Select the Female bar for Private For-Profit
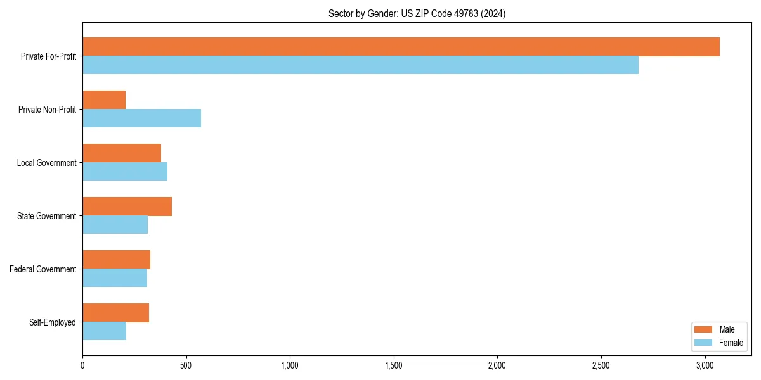(x=360, y=65)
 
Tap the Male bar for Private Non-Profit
(x=104, y=100)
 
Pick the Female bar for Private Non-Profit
(x=141, y=118)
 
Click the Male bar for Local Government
(x=122, y=153)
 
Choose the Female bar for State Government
(x=115, y=225)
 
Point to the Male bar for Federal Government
(x=116, y=260)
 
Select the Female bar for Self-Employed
(x=104, y=331)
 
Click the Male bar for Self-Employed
(x=115, y=313)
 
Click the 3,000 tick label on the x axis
(x=705, y=365)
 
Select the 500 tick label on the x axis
(x=186, y=365)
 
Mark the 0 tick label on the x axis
(x=82, y=365)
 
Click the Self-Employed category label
(x=53, y=322)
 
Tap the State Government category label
(x=47, y=216)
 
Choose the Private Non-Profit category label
(x=47, y=110)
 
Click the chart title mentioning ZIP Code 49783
(x=417, y=13)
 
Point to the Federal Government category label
(x=43, y=269)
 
